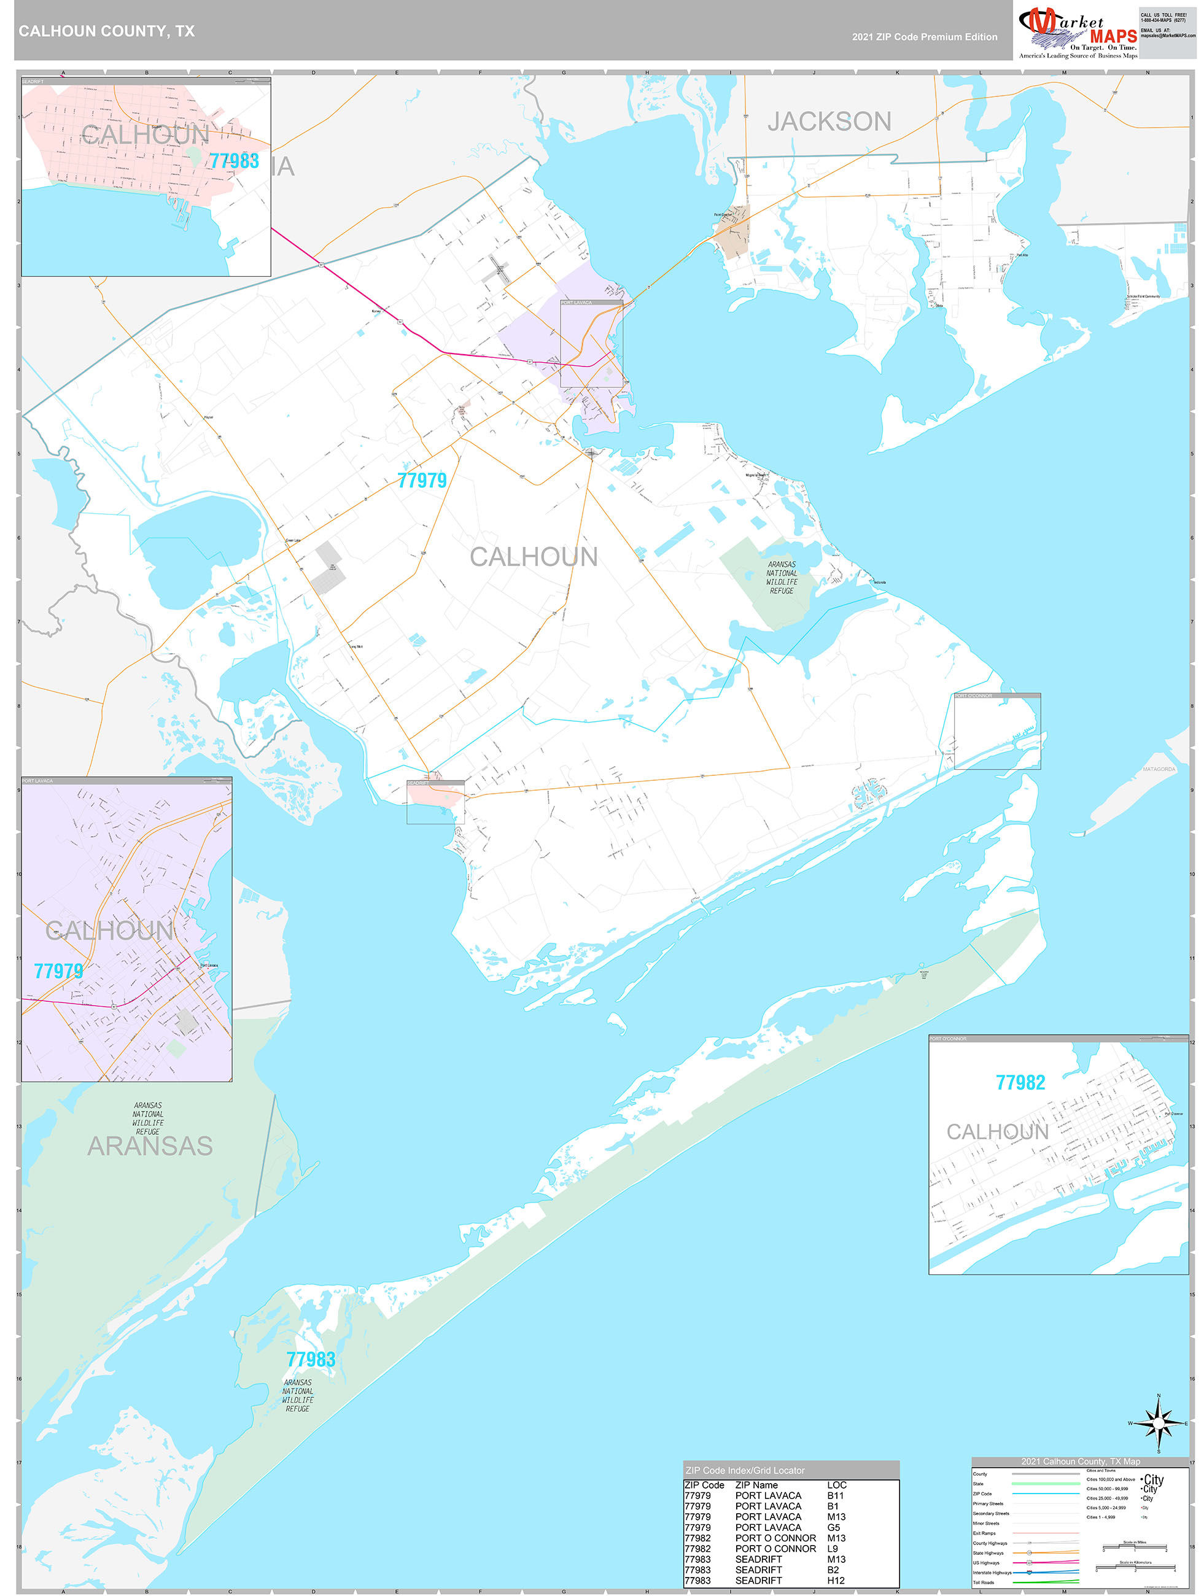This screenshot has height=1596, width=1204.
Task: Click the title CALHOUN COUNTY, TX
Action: pyautogui.click(x=106, y=31)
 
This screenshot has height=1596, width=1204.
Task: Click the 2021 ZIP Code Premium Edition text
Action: pyautogui.click(x=924, y=37)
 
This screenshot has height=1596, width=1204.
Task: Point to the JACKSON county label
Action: pyautogui.click(x=829, y=121)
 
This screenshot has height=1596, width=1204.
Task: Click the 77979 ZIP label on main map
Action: pyautogui.click(x=422, y=481)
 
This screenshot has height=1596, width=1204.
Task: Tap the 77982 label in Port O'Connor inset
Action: pyautogui.click(x=1020, y=1082)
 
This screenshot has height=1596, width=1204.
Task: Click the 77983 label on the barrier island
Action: pyautogui.click(x=311, y=1359)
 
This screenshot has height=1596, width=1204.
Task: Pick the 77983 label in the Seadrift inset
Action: pyautogui.click(x=234, y=161)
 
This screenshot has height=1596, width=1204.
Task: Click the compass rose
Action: pyautogui.click(x=1158, y=1424)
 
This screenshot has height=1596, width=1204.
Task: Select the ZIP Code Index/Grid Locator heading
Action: pyautogui.click(x=744, y=1470)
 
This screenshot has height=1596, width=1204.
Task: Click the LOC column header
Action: pyautogui.click(x=837, y=1485)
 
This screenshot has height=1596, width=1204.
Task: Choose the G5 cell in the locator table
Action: pyautogui.click(x=834, y=1527)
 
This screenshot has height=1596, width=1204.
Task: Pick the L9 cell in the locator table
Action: pyautogui.click(x=833, y=1548)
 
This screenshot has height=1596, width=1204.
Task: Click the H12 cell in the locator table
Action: pyautogui.click(x=836, y=1580)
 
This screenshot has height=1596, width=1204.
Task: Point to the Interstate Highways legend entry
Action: pyautogui.click(x=992, y=1572)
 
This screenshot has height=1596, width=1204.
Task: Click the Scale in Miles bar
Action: pyautogui.click(x=1134, y=1547)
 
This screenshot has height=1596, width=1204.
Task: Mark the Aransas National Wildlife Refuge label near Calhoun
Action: pyautogui.click(x=782, y=577)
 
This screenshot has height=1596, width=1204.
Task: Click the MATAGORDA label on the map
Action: pyautogui.click(x=1159, y=769)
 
